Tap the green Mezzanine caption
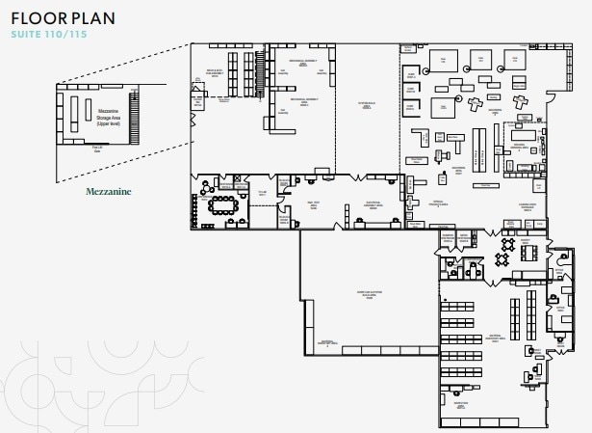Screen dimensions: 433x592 (x=108, y=192)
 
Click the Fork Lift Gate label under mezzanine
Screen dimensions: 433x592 (x=96, y=148)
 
